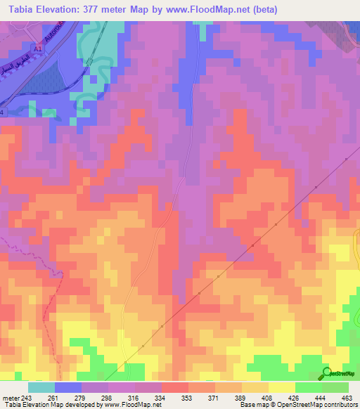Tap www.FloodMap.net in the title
click(205, 10)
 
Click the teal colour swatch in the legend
click(41, 387)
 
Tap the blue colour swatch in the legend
click(67, 387)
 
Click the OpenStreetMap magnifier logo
click(326, 372)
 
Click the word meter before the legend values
click(10, 397)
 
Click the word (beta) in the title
click(259, 10)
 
